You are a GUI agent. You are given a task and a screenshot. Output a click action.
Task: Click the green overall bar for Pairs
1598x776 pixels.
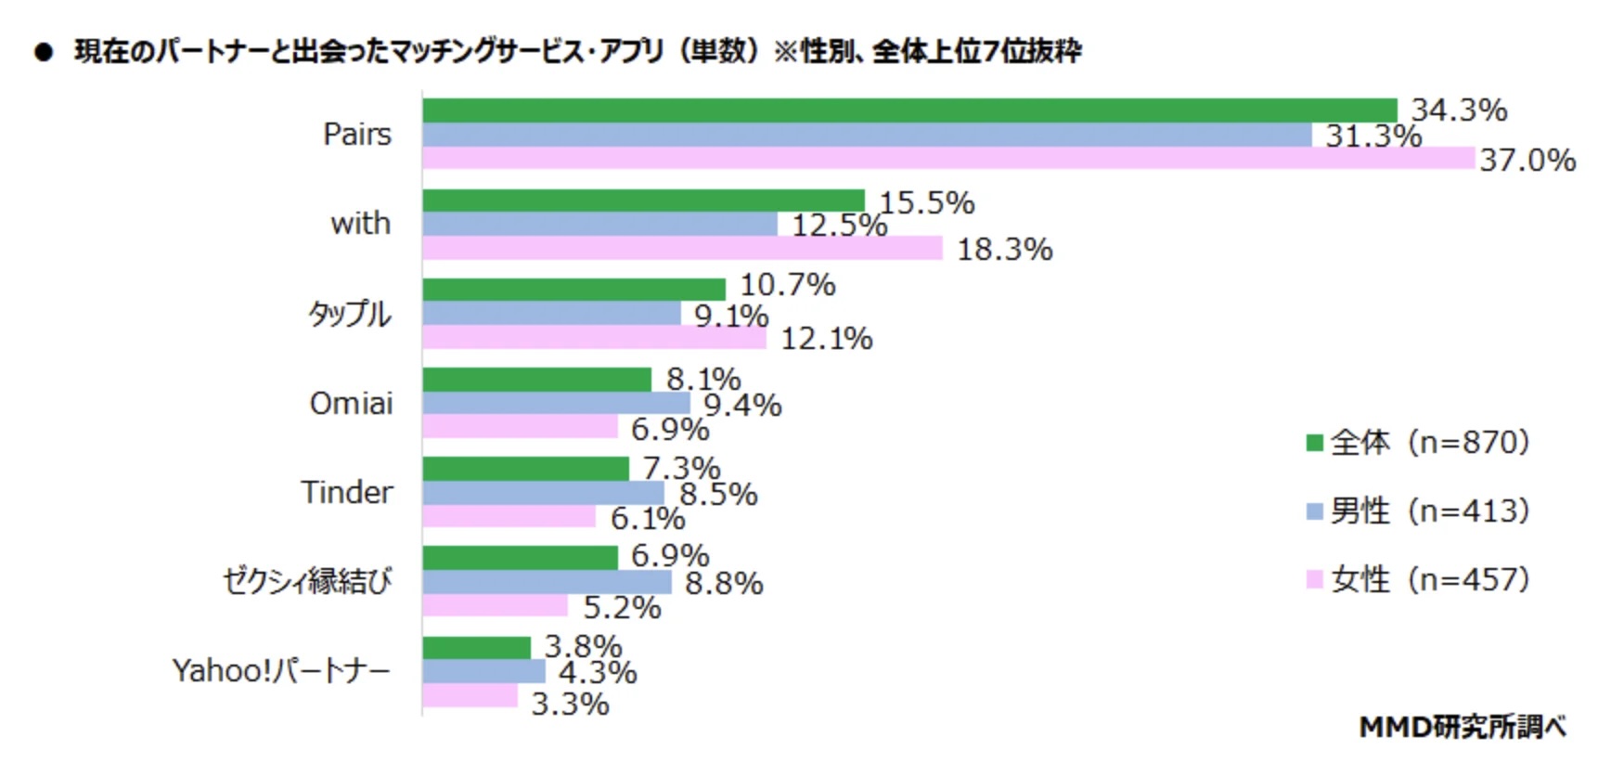tap(909, 110)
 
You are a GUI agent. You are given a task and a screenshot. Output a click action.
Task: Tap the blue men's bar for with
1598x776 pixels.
tap(599, 225)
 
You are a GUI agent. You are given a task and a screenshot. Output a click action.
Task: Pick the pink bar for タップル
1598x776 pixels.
tap(594, 338)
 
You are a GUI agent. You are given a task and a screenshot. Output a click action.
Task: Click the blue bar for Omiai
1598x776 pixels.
tap(556, 404)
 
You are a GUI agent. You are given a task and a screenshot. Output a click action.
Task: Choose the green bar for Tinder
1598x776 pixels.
tap(525, 469)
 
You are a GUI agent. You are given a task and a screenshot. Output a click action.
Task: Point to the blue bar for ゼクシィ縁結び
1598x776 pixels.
tap(547, 582)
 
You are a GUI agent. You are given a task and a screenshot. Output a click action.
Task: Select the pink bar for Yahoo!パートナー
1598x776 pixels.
tap(470, 696)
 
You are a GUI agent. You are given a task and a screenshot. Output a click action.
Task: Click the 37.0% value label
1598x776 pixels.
tap(1527, 161)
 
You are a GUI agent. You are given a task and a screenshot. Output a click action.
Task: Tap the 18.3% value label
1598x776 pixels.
tap(1004, 250)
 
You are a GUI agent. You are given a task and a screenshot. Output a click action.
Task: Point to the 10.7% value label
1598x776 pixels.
tap(787, 285)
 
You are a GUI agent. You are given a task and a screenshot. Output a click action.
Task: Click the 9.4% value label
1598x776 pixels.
tap(742, 406)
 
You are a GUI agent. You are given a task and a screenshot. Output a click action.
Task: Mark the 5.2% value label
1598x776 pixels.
tap(622, 608)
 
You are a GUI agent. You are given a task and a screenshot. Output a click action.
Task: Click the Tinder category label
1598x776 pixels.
tap(347, 492)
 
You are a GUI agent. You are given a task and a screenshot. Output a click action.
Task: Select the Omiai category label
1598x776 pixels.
tap(351, 404)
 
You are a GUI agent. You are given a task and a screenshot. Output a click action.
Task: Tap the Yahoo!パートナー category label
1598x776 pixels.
tap(281, 670)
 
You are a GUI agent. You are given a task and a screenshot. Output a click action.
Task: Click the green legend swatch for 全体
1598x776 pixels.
tap(1314, 443)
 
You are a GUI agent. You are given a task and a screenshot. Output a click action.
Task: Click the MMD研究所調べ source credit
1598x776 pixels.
tap(1463, 727)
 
